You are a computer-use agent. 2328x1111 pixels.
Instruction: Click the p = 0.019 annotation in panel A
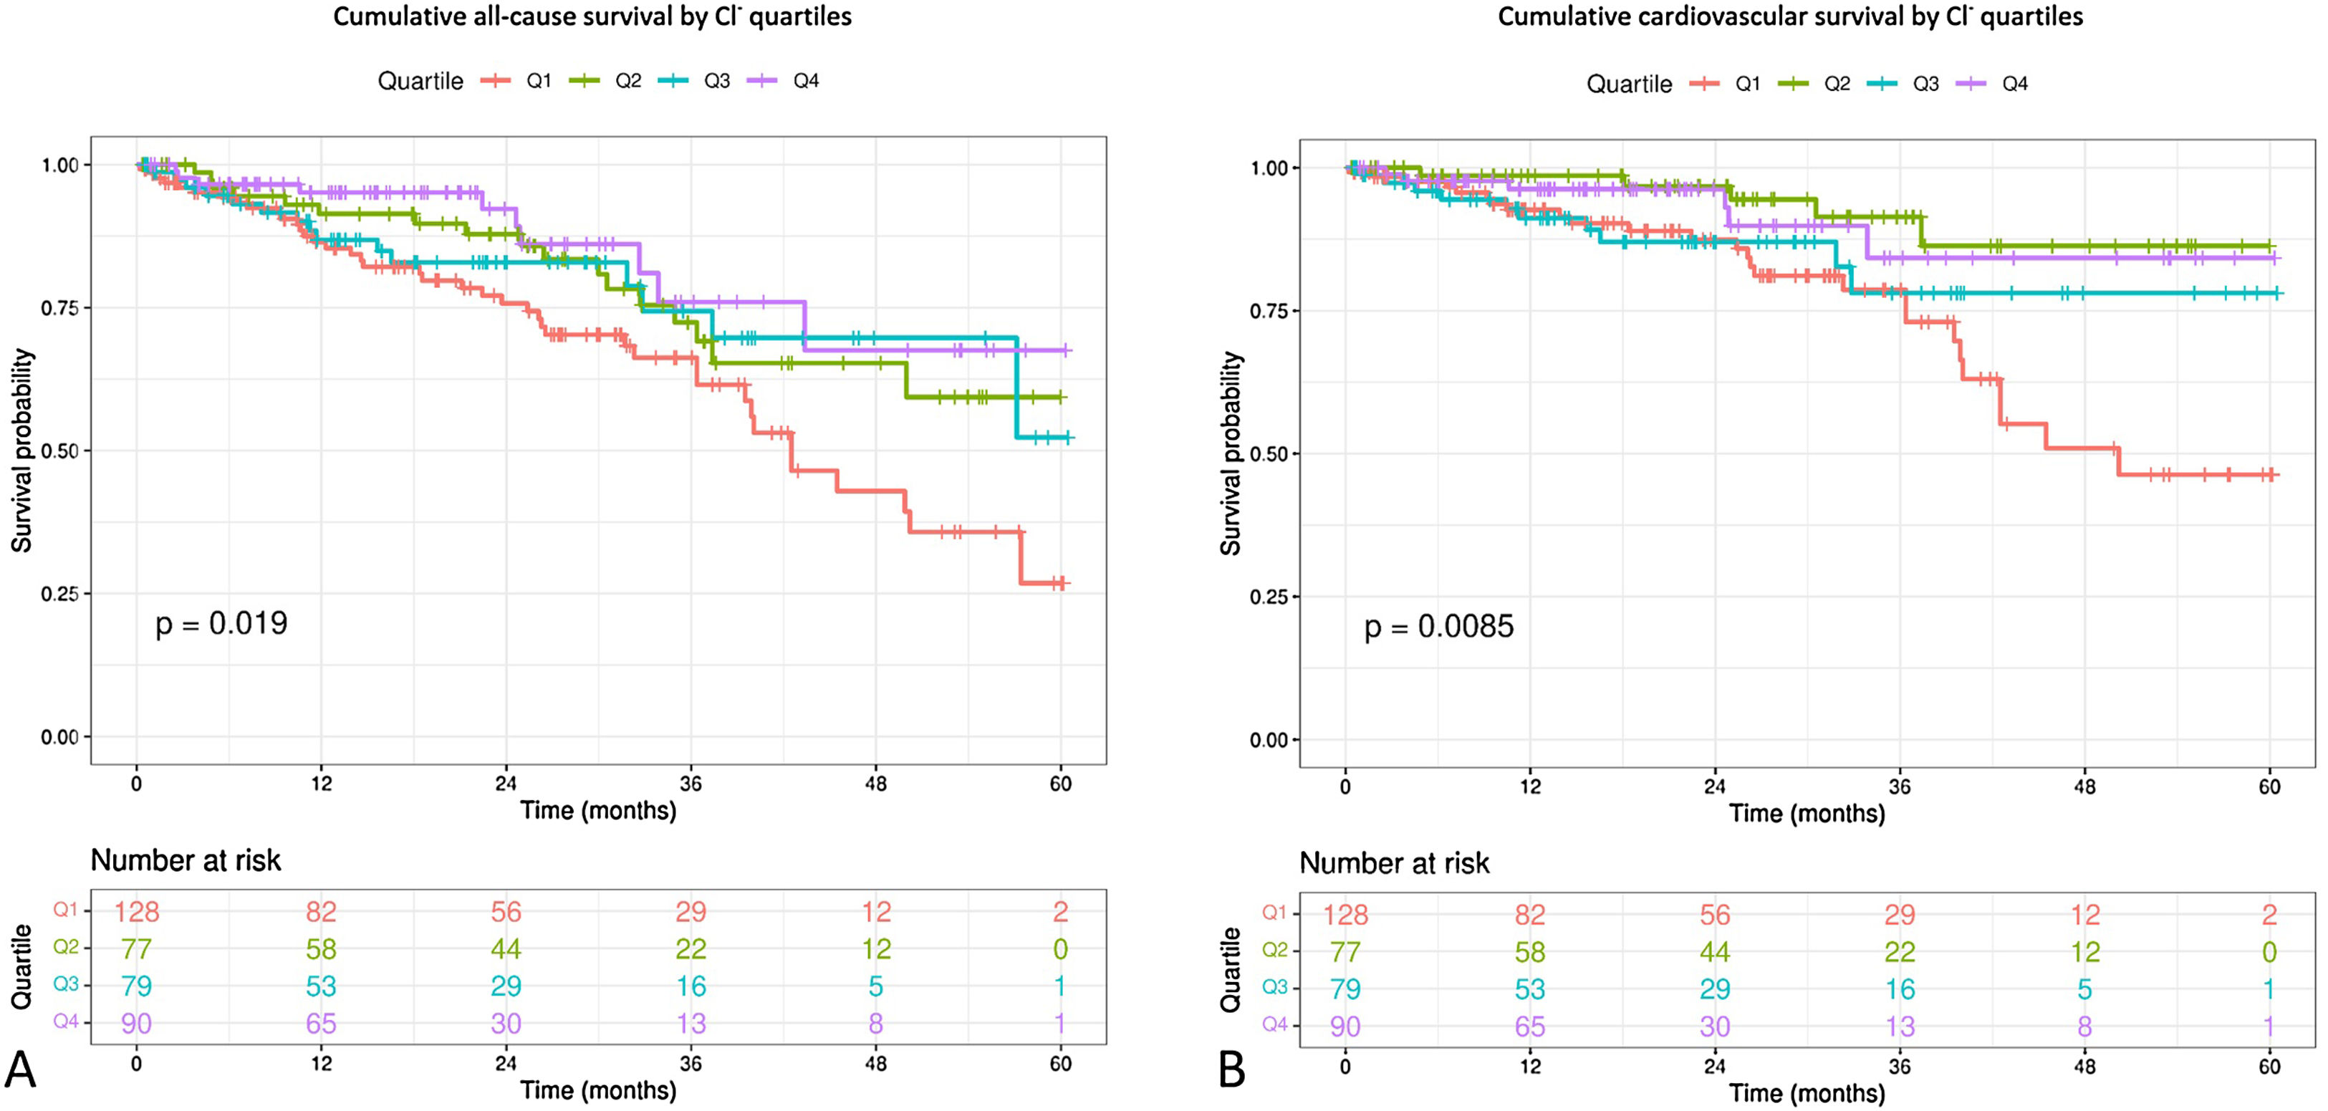[x=221, y=623]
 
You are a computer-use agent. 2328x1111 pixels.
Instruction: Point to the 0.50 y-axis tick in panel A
[x=59, y=451]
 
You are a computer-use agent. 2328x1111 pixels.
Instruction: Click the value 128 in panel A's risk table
[x=137, y=911]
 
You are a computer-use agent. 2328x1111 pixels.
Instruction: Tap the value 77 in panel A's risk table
[x=137, y=949]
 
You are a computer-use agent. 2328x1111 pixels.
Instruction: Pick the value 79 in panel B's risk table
[x=1346, y=989]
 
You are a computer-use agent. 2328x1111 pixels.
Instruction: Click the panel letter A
[x=21, y=1070]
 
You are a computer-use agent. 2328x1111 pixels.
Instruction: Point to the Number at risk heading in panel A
[x=186, y=860]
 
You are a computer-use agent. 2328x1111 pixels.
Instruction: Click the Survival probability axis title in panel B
[x=1231, y=453]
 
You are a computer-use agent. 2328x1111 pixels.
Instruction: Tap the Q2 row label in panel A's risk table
[x=66, y=948]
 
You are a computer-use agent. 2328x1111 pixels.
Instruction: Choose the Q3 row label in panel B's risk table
[x=1274, y=987]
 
